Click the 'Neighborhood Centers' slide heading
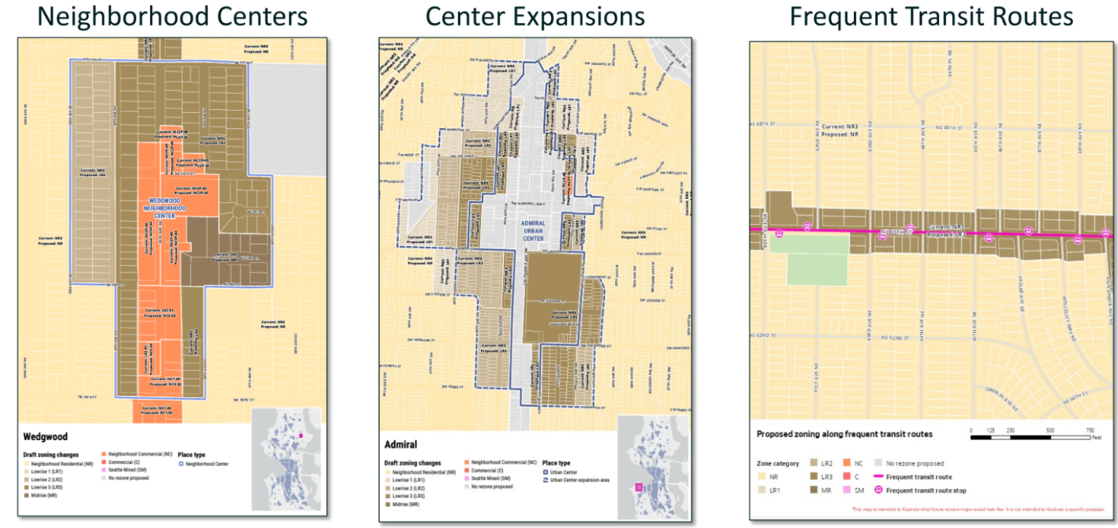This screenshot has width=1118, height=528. click(172, 16)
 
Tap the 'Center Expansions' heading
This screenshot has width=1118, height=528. click(535, 16)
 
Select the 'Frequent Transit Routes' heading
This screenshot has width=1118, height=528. click(932, 16)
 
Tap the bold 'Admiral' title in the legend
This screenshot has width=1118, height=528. click(400, 444)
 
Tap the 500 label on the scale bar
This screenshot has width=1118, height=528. click(1049, 430)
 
